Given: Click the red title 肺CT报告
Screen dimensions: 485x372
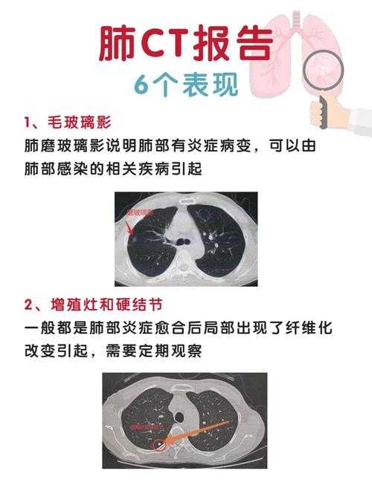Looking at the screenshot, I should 185,47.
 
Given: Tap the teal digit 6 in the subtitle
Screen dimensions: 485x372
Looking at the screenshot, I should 142,84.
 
